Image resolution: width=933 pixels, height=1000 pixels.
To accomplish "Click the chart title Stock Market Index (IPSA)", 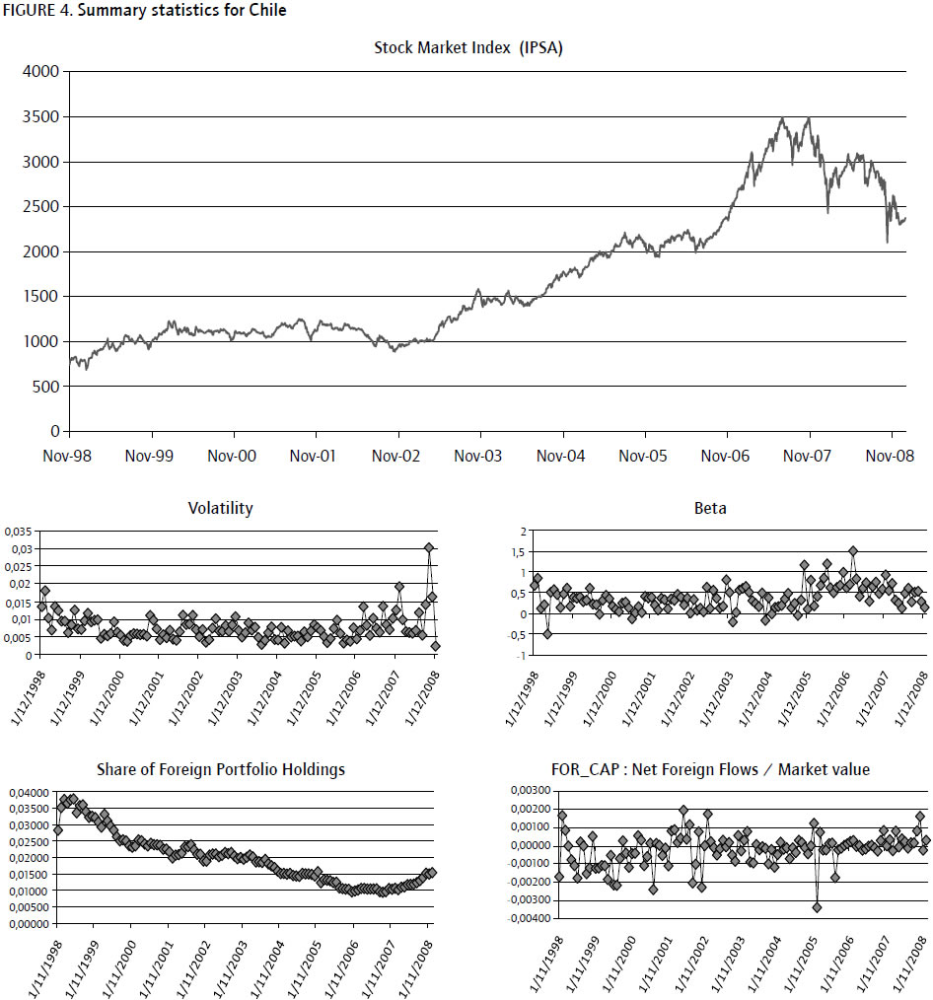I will [x=467, y=47].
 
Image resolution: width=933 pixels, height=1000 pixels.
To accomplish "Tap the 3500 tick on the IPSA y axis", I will [x=40, y=116].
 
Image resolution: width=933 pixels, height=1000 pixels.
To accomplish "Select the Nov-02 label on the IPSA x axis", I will [x=398, y=457].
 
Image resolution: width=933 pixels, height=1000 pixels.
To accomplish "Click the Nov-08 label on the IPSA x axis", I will [x=891, y=457].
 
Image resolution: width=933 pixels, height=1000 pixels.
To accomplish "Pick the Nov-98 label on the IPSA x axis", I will [x=70, y=457].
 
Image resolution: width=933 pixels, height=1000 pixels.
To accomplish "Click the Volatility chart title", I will [x=220, y=509].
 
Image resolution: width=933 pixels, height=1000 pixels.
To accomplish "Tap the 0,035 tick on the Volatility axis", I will [x=19, y=531].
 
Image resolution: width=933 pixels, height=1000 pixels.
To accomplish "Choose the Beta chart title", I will [x=710, y=509].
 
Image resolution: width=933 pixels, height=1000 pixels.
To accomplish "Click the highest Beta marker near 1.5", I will [x=853, y=551].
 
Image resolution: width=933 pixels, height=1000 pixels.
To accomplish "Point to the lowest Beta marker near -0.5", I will [x=548, y=633].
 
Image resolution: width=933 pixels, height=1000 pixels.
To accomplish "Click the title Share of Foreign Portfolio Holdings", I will [x=221, y=769].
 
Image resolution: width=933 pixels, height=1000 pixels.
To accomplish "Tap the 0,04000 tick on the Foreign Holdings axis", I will [x=28, y=792].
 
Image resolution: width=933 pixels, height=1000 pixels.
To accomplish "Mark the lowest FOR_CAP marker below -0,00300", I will [x=818, y=906].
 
